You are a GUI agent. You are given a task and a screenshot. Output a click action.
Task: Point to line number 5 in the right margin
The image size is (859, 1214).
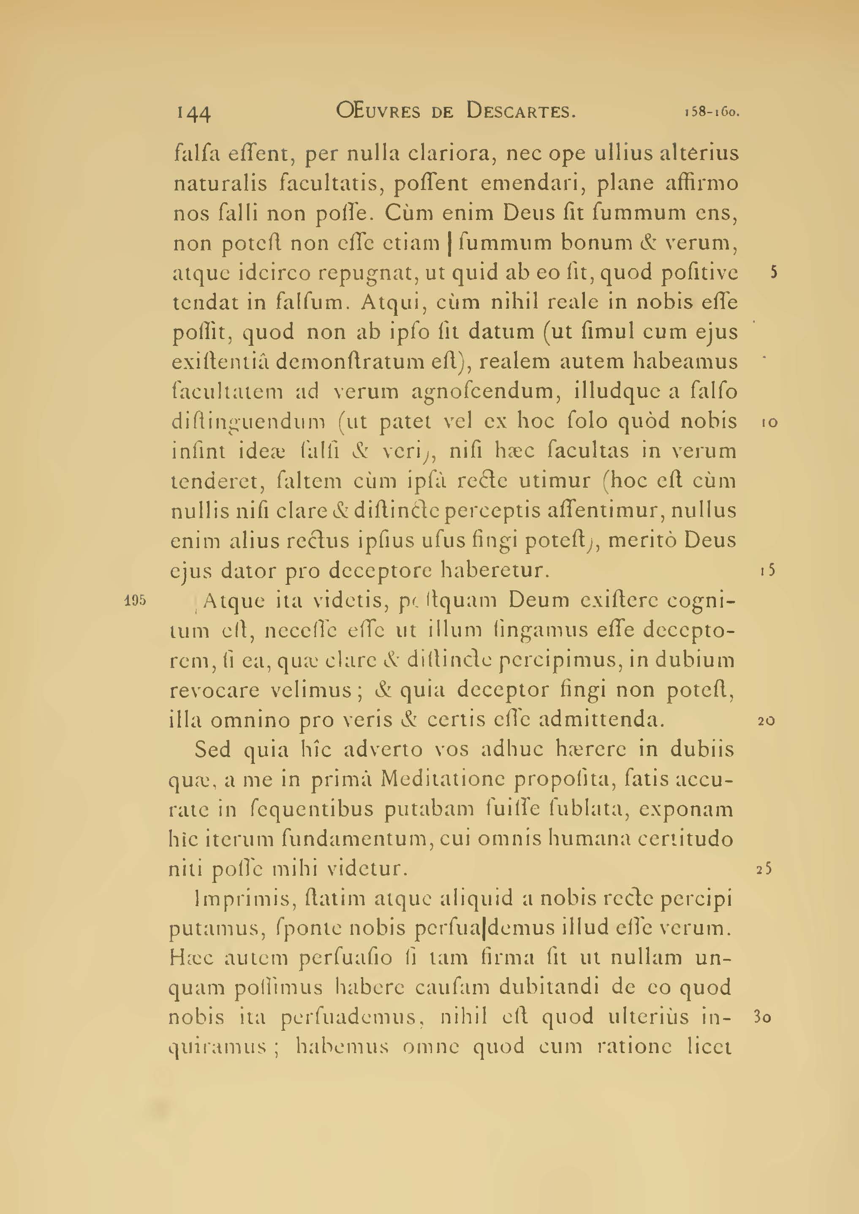[x=773, y=273]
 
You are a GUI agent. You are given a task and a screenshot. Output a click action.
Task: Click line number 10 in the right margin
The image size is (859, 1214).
[x=769, y=422]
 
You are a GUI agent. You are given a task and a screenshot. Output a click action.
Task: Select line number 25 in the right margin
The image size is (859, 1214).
[x=764, y=869]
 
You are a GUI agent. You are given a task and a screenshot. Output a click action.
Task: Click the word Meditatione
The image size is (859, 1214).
[x=442, y=779]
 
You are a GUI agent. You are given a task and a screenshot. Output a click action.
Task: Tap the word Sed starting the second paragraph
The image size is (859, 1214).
[x=212, y=750]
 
